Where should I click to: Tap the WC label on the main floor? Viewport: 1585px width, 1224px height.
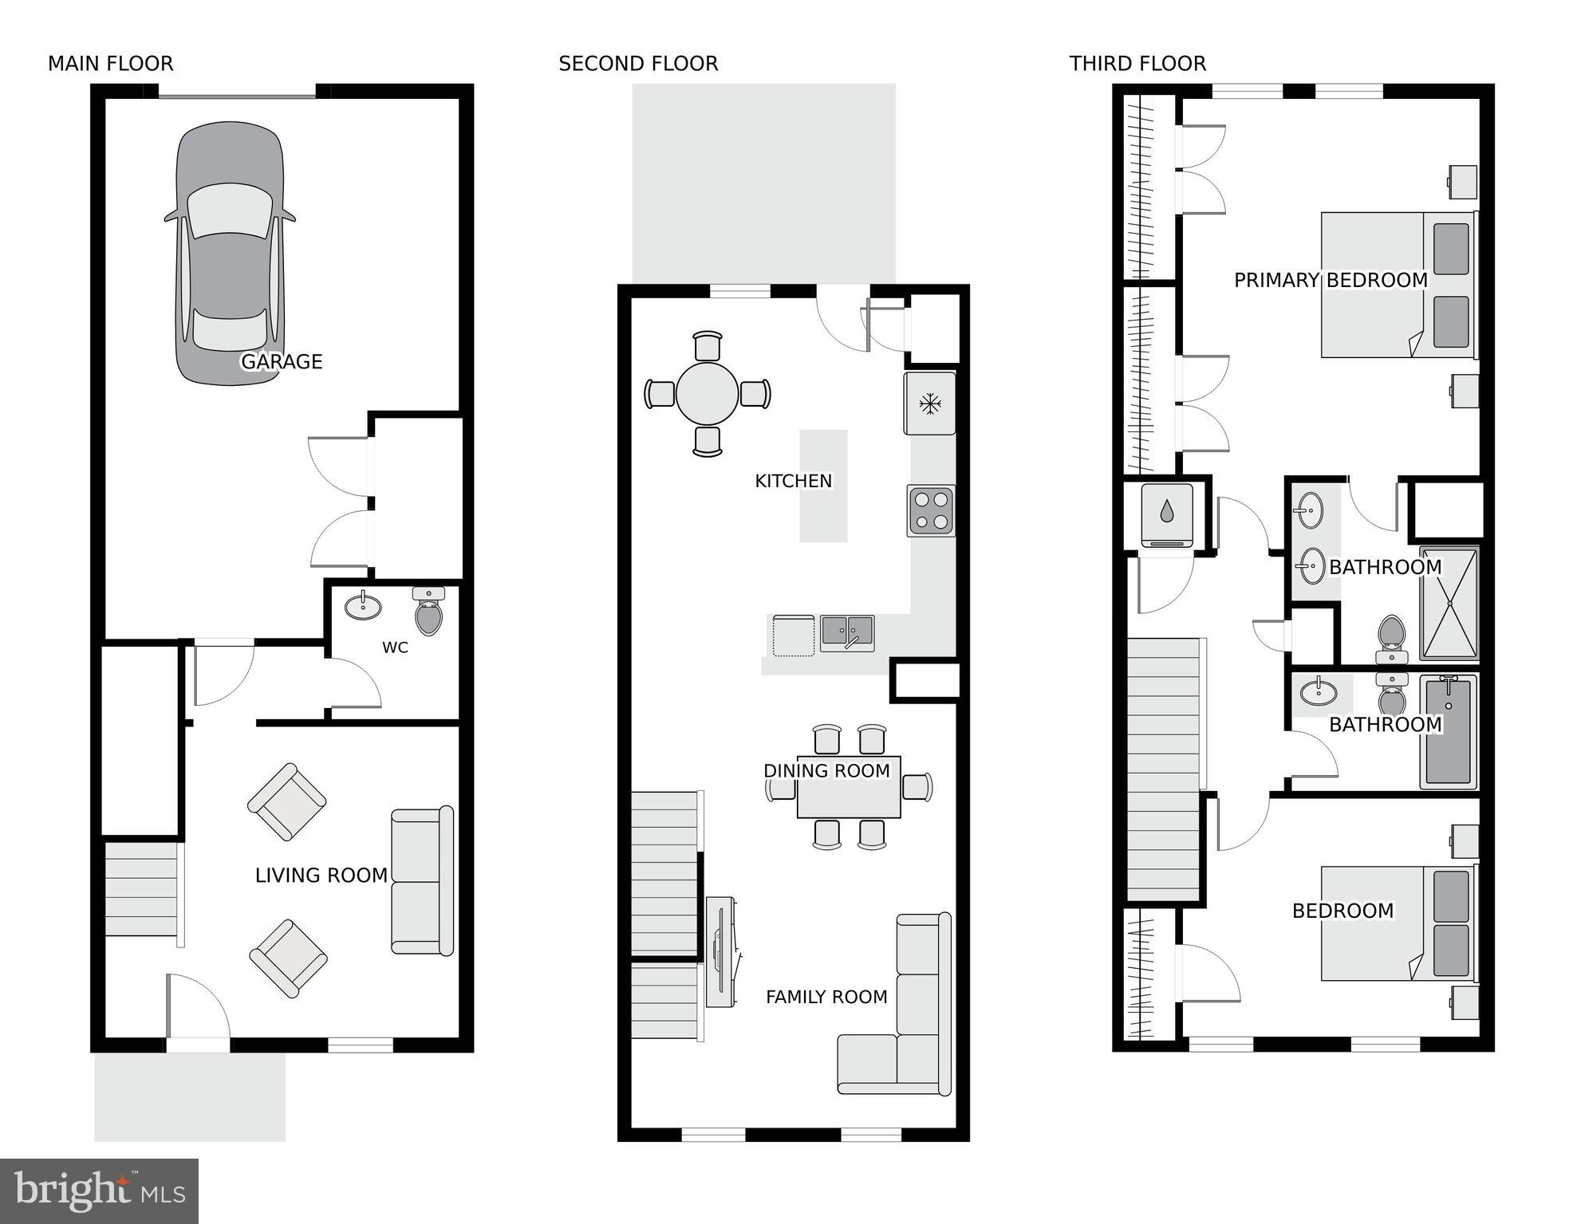click(x=395, y=647)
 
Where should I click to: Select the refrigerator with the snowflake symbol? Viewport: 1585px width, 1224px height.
click(x=929, y=403)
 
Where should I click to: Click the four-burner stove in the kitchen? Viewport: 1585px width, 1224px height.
click(x=931, y=510)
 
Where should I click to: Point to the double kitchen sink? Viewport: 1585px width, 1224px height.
click(x=847, y=633)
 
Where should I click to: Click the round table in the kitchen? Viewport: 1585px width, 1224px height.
click(x=707, y=394)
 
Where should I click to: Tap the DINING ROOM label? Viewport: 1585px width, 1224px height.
click(x=826, y=771)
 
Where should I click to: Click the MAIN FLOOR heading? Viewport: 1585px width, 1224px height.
click(x=110, y=64)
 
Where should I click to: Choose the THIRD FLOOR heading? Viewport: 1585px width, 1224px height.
click(x=1137, y=64)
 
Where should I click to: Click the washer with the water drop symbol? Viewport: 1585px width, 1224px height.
click(x=1166, y=514)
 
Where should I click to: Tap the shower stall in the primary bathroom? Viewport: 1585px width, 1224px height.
click(x=1449, y=604)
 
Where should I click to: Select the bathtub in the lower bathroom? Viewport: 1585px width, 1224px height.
click(x=1448, y=731)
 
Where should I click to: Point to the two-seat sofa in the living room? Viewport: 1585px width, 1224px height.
click(x=422, y=881)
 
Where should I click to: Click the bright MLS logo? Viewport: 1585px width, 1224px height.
click(x=99, y=1191)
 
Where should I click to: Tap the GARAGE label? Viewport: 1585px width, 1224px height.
click(x=282, y=362)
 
